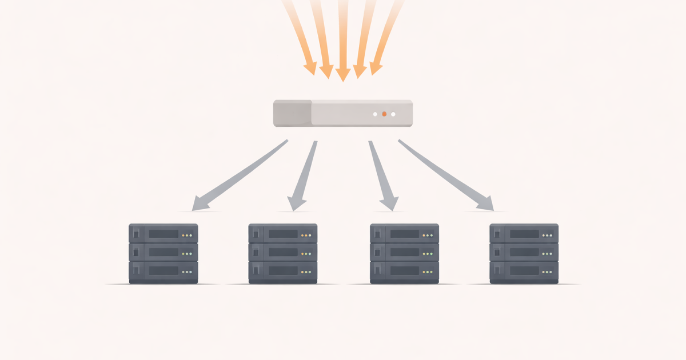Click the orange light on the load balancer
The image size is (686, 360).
[x=384, y=114]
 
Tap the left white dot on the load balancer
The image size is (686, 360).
[x=375, y=114]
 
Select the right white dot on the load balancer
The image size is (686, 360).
[x=393, y=114]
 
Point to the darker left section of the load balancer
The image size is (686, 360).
[x=292, y=114]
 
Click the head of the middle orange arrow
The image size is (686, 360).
[x=342, y=75]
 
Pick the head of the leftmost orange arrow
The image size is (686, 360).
[x=310, y=69]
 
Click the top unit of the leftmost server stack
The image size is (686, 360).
[x=163, y=234]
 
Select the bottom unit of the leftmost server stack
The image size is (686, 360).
[x=163, y=271]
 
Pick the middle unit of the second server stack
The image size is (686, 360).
[x=283, y=253]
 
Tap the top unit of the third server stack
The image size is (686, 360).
[x=404, y=234]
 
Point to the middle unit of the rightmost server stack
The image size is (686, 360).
[x=524, y=253]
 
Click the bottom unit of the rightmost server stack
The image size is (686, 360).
[x=524, y=271]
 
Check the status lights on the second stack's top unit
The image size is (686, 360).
[x=306, y=235]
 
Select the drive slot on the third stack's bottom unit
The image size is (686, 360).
[x=405, y=271]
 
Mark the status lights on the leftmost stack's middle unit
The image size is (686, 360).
[x=187, y=253]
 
